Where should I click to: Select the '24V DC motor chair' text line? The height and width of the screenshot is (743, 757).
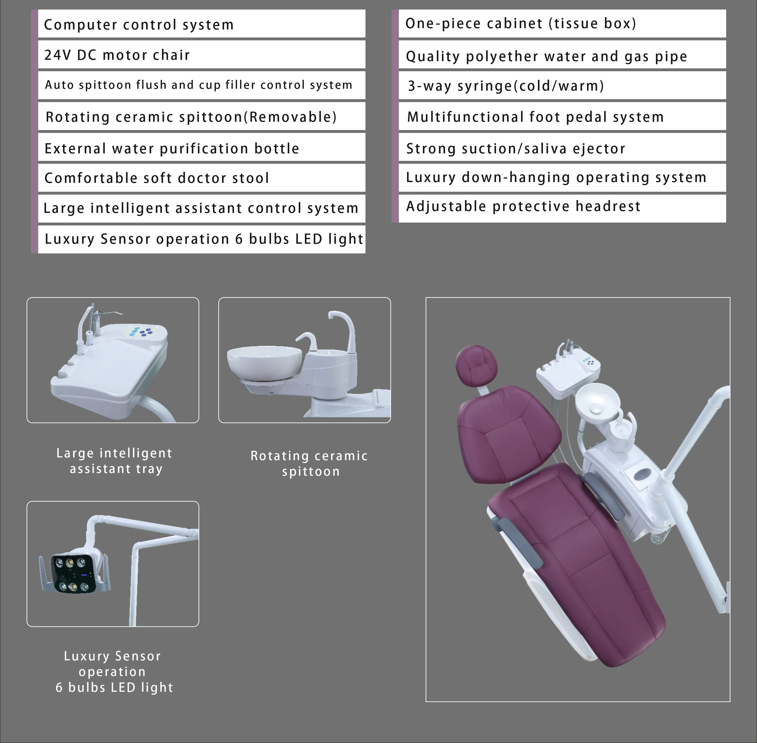tap(117, 55)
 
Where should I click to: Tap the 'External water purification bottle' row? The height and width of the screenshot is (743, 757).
tap(172, 148)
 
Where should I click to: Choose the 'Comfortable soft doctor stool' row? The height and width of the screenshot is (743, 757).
tap(157, 178)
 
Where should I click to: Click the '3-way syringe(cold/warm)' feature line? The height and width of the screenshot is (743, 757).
tap(506, 86)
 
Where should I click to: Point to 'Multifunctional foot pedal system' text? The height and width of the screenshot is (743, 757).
tap(535, 117)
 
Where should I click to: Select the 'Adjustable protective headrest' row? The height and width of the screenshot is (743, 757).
tap(523, 206)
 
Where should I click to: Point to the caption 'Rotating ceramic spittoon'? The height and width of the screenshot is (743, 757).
tap(309, 463)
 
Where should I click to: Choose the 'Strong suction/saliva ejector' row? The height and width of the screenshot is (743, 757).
tap(515, 148)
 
